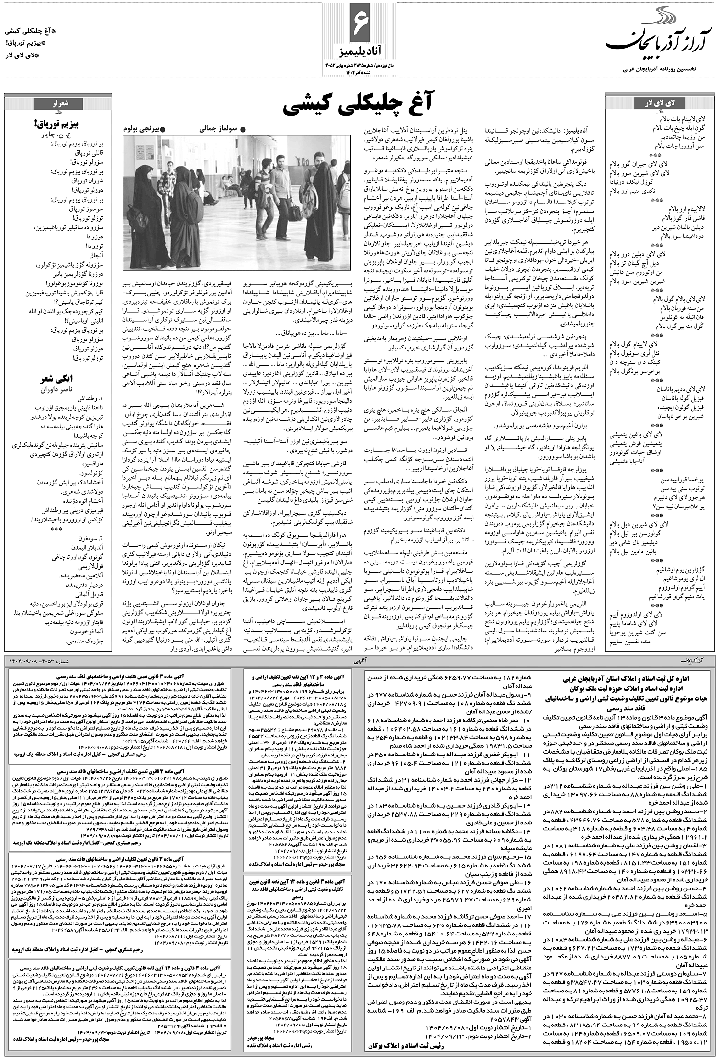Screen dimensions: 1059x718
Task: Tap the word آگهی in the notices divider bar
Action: point(359,660)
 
